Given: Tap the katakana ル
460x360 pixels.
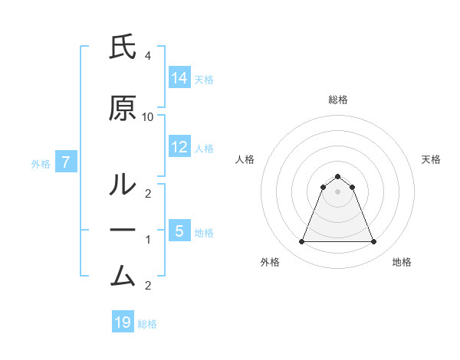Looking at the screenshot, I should (123, 184).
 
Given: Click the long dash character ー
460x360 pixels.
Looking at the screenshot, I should (123, 230).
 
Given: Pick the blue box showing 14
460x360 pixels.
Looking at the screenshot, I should (179, 78).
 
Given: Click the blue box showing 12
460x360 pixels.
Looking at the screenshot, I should (179, 148).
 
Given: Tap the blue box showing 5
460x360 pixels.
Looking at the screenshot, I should (179, 231).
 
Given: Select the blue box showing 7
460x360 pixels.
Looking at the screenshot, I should (66, 162).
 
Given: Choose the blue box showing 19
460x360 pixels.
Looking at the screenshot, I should (123, 322).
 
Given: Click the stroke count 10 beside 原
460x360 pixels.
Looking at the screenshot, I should (148, 116).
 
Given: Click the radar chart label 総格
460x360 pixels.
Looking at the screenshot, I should (337, 100).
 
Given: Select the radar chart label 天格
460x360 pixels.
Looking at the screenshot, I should (431, 159).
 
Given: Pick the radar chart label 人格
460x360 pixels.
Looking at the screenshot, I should (245, 159).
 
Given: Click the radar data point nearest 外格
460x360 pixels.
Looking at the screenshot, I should (301, 242).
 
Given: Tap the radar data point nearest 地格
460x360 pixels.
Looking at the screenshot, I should (373, 242).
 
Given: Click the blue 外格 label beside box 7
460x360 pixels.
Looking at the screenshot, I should (41, 163).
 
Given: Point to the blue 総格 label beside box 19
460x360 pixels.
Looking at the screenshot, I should (147, 324).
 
